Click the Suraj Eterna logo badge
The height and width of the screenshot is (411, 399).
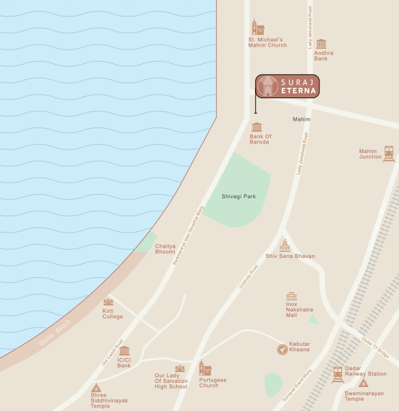click(287, 86)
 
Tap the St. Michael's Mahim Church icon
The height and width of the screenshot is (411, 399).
click(258, 27)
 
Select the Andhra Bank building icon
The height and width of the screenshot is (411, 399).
click(321, 44)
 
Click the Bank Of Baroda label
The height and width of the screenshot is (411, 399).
click(261, 140)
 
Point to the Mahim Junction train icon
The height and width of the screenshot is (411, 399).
click(389, 153)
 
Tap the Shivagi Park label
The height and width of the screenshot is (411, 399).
click(239, 196)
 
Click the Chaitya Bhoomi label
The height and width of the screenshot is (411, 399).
click(165, 248)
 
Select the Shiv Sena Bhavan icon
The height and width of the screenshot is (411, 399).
click(285, 246)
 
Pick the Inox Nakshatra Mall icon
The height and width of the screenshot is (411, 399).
click(291, 297)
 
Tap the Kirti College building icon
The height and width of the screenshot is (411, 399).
click(108, 302)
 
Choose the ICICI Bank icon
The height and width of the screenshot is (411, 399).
click(124, 351)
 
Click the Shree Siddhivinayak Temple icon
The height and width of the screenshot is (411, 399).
click(96, 388)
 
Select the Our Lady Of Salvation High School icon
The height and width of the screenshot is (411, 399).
click(180, 368)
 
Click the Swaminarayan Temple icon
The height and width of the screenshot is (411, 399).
click(363, 383)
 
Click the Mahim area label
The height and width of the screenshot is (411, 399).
click(302, 119)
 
